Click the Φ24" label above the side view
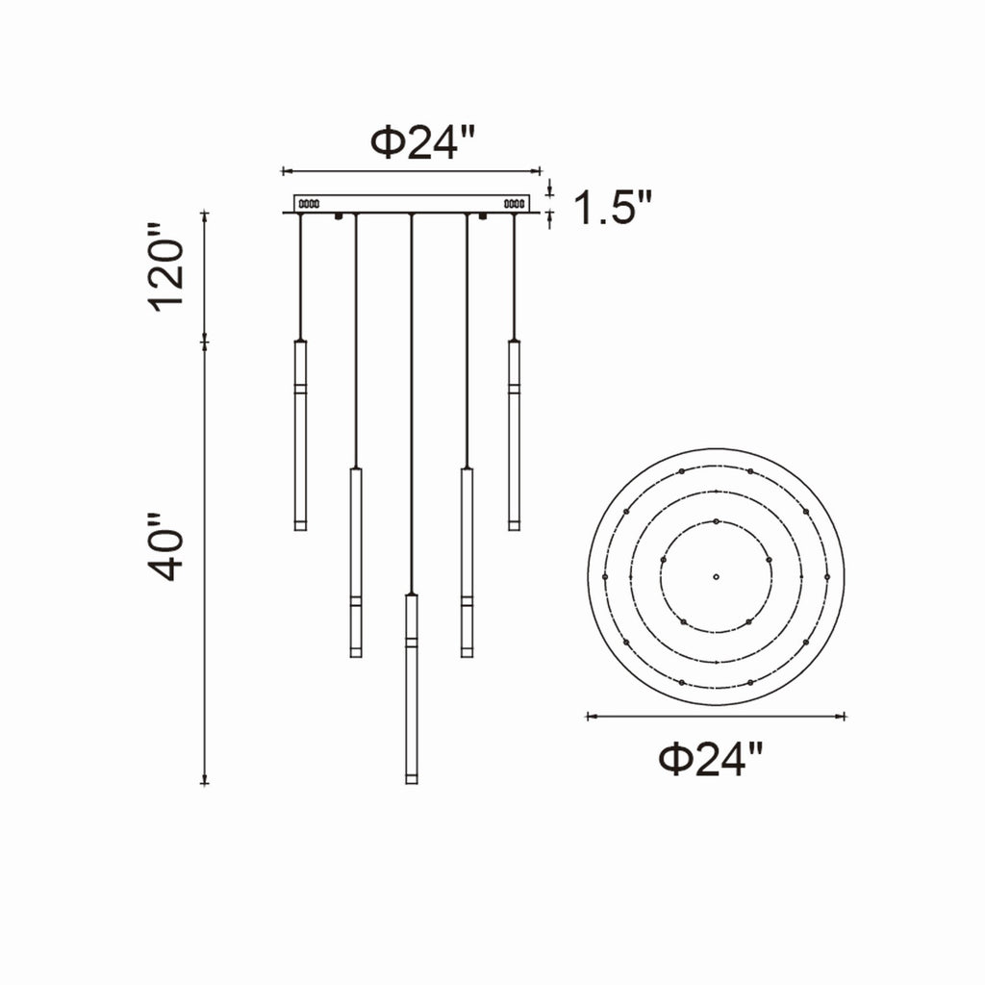click(x=422, y=142)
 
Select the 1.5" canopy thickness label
click(x=613, y=207)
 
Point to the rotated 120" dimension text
click(x=165, y=266)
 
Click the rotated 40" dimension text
click(x=165, y=546)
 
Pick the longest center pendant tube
click(x=412, y=689)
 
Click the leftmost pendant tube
click(x=300, y=436)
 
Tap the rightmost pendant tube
click(x=514, y=436)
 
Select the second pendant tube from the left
click(x=356, y=562)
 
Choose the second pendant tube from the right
click(x=467, y=562)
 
